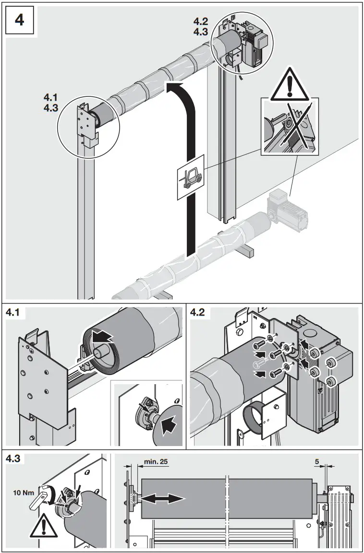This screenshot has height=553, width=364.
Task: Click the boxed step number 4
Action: point(20,22)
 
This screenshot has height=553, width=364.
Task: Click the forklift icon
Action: point(190,176)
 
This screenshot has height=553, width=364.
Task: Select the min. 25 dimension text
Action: point(156,463)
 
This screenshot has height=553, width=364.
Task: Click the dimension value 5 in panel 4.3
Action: point(316,463)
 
